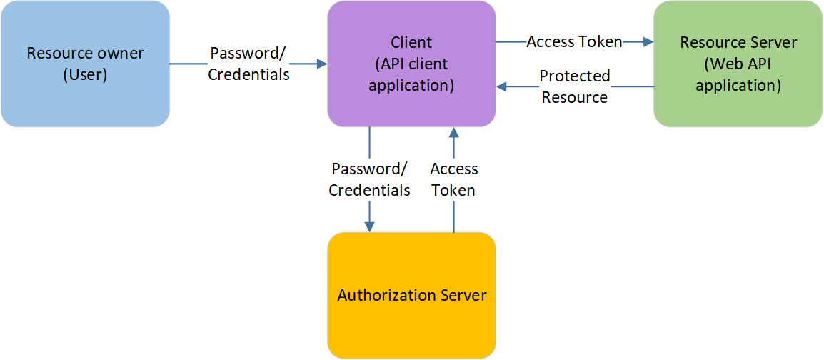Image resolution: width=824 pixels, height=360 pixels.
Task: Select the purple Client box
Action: [411, 107]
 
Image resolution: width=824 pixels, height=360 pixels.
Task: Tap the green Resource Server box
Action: [738, 107]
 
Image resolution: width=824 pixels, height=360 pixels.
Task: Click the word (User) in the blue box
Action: [85, 74]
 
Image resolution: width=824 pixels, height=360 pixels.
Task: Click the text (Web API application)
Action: [738, 74]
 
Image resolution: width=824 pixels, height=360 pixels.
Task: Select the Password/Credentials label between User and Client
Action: [248, 64]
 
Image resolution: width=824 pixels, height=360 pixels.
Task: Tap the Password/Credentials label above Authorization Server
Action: [369, 179]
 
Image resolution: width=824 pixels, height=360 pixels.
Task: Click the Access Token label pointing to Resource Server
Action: [574, 42]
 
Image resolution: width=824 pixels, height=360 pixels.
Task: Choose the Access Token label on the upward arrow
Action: [453, 179]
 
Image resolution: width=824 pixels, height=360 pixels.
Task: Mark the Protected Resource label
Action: [574, 86]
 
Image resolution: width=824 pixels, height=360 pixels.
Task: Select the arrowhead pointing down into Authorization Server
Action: [369, 226]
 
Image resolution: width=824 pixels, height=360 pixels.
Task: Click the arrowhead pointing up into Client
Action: [453, 133]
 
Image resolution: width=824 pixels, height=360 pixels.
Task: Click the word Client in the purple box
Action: [411, 42]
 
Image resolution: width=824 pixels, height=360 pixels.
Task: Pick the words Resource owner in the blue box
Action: [85, 53]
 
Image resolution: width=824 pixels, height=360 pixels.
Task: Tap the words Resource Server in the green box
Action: [738, 42]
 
